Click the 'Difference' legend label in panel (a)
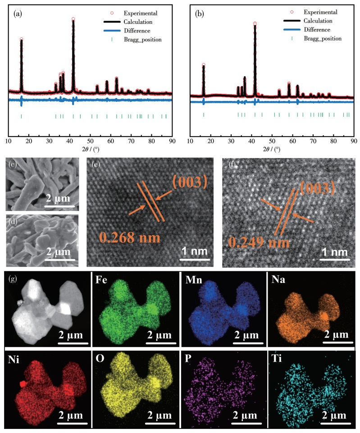click(x=137, y=31)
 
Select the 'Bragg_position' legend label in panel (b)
click(x=323, y=39)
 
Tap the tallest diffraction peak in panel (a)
click(x=73, y=55)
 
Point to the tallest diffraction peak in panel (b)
click(x=255, y=59)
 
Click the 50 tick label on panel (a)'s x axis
click(x=90, y=141)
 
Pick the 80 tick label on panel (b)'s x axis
click(x=333, y=141)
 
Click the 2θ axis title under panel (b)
click(x=272, y=149)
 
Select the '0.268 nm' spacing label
click(x=129, y=237)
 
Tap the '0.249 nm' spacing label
click(x=259, y=242)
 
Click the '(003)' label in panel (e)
click(x=190, y=182)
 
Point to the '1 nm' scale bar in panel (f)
click(x=335, y=259)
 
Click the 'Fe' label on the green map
click(x=101, y=280)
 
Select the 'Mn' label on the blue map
click(x=194, y=280)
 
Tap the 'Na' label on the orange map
click(x=278, y=279)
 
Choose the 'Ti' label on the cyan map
click(x=277, y=359)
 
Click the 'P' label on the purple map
click(x=188, y=359)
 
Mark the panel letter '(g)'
click(x=13, y=278)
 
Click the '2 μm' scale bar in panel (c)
click(x=59, y=206)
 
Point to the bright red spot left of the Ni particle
click(x=23, y=384)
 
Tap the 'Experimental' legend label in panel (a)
click(x=141, y=13)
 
